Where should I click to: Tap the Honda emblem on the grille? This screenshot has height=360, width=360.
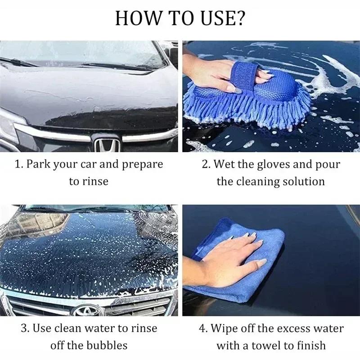pyautogui.click(x=107, y=144)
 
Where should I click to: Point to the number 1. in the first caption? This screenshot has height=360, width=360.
pyautogui.click(x=18, y=164)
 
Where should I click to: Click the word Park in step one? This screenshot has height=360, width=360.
pyautogui.click(x=38, y=164)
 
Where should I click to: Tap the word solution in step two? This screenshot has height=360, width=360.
pyautogui.click(x=303, y=181)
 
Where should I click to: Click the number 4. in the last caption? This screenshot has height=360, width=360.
pyautogui.click(x=203, y=328)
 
